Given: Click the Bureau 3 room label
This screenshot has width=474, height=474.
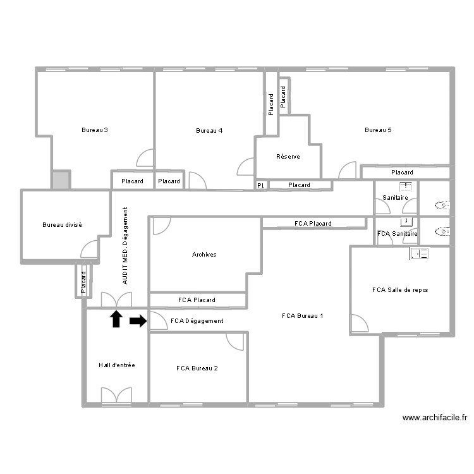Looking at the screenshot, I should [94, 130].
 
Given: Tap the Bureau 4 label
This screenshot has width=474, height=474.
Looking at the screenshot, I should [209, 131].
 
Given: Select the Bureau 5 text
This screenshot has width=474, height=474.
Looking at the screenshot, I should [378, 130].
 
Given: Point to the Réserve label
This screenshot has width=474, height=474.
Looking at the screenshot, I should [288, 157].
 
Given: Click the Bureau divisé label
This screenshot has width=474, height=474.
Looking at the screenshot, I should [62, 225].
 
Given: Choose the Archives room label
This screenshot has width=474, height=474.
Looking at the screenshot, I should [204, 255].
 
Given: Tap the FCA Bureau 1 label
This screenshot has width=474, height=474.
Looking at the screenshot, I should [303, 315].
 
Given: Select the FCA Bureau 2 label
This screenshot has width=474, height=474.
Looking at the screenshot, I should [197, 368].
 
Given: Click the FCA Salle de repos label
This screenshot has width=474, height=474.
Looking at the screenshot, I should [400, 290].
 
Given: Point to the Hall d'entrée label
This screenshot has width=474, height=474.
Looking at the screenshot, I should [116, 365].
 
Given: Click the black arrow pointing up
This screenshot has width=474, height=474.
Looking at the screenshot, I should [116, 319].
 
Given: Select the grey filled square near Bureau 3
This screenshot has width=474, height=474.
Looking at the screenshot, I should [61, 179].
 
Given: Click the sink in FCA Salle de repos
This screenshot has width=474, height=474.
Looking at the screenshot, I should [419, 253].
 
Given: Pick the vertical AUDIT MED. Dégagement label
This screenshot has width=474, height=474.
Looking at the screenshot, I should [125, 245].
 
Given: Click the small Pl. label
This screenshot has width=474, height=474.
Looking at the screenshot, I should [260, 185].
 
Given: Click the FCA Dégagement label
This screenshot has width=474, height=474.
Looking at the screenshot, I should [197, 321].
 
